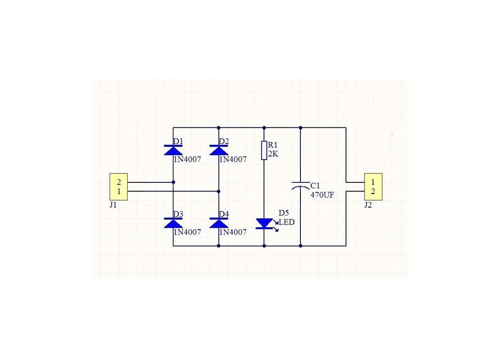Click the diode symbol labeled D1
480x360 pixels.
(173, 150)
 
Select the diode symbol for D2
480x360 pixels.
(218, 150)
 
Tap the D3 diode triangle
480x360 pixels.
(173, 223)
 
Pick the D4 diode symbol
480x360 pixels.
(218, 223)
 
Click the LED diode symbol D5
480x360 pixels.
(264, 224)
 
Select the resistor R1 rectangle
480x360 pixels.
(264, 150)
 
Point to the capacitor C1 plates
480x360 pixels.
(300, 186)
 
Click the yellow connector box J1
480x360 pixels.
(119, 187)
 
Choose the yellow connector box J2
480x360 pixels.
(373, 187)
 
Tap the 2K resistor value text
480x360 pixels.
(273, 154)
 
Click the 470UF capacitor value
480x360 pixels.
(322, 195)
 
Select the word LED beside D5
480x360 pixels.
(287, 222)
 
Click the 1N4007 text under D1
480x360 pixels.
(187, 159)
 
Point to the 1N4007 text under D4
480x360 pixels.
(232, 232)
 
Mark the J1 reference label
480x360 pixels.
(113, 205)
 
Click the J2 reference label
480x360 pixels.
(368, 205)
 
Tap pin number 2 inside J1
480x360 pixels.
(119, 182)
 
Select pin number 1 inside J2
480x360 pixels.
(373, 182)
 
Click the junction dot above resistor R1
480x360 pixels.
(264, 127)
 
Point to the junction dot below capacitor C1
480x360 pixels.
(300, 246)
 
